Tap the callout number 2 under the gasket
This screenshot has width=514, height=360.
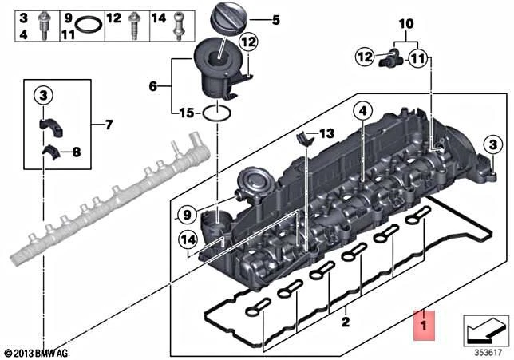point(346,322)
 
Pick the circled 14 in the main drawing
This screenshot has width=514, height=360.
point(188,237)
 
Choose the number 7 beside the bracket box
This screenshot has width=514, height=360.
point(109,124)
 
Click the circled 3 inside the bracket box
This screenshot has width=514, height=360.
point(42,97)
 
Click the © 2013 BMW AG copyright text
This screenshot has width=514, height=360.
point(36,352)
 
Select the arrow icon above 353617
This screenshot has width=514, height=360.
point(484,327)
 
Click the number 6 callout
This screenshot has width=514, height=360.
point(154,84)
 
